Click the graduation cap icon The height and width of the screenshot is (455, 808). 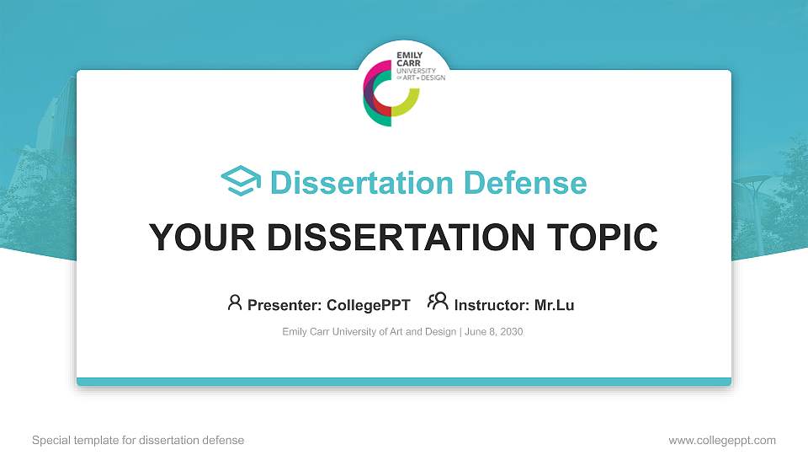pyautogui.click(x=241, y=182)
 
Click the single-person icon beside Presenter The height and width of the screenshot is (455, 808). pyautogui.click(x=235, y=302)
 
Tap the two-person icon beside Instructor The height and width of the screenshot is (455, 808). pyautogui.click(x=438, y=302)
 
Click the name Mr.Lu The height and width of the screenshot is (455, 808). pyautogui.click(x=554, y=305)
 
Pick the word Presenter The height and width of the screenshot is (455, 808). pyautogui.click(x=283, y=305)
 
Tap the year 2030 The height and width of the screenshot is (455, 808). pyautogui.click(x=511, y=332)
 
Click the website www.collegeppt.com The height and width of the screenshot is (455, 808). pyautogui.click(x=722, y=440)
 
